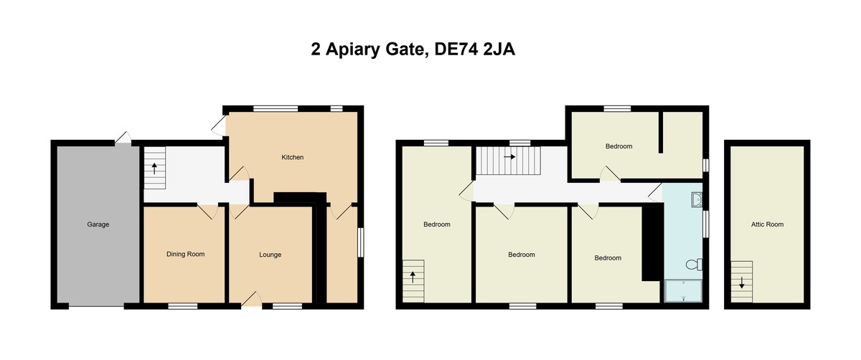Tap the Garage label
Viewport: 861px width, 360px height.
tap(98, 224)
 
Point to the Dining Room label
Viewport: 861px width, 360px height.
tap(186, 254)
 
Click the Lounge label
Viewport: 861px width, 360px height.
tap(270, 255)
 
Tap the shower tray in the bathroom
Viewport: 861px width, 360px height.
tap(683, 290)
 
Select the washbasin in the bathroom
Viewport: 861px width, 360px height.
tap(697, 198)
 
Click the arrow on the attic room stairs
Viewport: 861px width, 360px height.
tap(742, 281)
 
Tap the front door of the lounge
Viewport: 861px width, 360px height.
tap(251, 300)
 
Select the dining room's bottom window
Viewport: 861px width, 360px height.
tap(183, 306)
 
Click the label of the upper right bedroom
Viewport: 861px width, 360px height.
tap(618, 146)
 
